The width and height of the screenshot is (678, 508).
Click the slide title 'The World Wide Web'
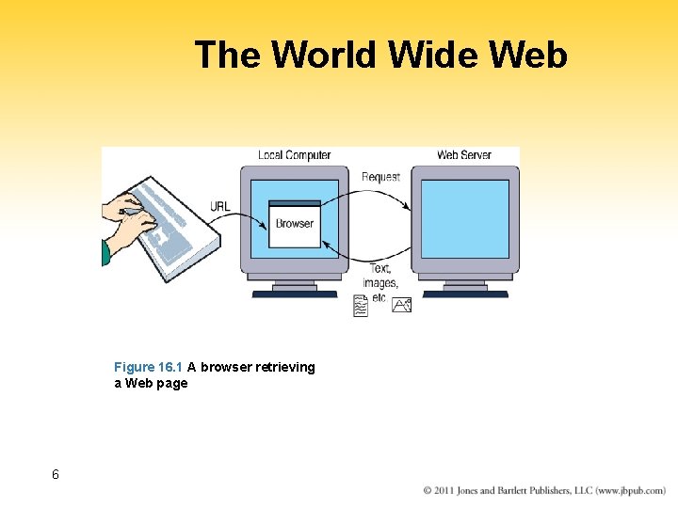pos(380,55)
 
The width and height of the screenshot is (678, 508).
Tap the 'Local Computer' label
pos(294,155)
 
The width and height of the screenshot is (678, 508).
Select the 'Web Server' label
pos(464,155)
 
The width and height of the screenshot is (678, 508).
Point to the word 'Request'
pos(380,176)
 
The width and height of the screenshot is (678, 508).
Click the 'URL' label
pos(219,207)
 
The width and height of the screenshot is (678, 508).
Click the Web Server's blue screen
pos(464,218)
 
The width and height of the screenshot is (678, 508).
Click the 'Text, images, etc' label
pos(379,282)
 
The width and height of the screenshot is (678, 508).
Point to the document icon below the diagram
pos(360,306)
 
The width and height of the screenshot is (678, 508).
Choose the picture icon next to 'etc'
pos(402,304)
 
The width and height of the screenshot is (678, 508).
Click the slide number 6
pos(56,474)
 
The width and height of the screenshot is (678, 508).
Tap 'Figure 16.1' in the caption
pos(148,367)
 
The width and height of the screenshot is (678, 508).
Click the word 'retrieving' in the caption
pos(284,367)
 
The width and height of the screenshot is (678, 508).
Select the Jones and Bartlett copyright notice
pos(544,490)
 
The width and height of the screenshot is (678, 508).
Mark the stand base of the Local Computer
pos(295,294)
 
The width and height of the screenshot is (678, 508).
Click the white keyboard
pos(174,235)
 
